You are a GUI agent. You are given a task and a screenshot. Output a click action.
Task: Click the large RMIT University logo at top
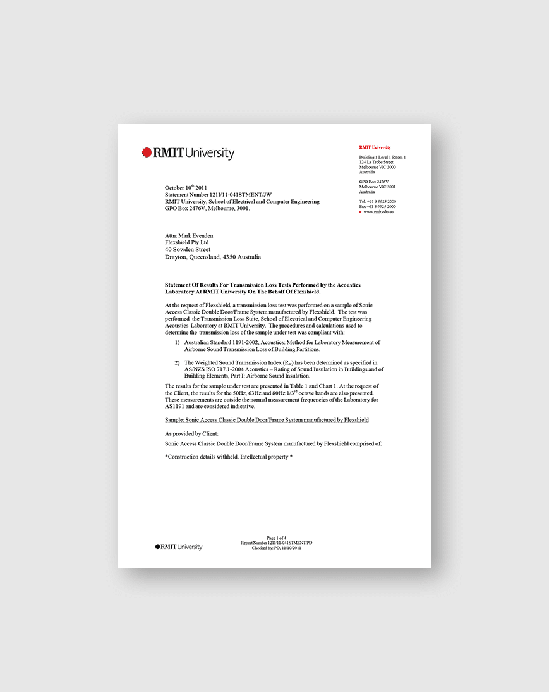point(188,153)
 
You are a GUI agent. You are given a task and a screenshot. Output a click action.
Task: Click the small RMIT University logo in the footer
point(179,547)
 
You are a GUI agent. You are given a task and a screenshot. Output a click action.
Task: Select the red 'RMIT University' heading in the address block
point(375,147)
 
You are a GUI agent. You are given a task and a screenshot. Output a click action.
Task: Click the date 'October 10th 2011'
point(186,188)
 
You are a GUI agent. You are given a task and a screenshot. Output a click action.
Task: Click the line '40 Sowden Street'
point(188,250)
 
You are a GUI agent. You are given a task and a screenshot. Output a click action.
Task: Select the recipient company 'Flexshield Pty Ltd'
point(186,242)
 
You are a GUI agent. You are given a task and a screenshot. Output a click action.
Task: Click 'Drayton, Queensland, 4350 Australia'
point(213,257)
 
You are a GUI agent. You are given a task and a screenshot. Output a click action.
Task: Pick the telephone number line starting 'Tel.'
point(378,201)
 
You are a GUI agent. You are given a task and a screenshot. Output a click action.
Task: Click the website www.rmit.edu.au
point(379,212)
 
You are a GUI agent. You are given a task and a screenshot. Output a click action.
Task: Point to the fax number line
point(378,207)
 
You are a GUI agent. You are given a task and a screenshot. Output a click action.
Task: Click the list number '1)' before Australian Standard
point(178,342)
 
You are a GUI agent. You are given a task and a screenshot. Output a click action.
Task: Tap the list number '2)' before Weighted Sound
point(178,362)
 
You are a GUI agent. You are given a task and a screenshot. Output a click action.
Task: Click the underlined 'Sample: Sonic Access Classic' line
point(267,419)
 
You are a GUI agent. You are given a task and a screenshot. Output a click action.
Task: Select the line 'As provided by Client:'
point(191,434)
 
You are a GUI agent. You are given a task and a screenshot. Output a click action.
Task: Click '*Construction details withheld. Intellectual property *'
point(228,457)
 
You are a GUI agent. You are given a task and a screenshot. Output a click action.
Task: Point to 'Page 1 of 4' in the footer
point(277,538)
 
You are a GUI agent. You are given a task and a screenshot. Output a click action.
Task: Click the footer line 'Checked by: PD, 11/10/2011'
point(277,548)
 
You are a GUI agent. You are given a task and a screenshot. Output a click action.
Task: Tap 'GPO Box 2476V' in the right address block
point(373,182)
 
